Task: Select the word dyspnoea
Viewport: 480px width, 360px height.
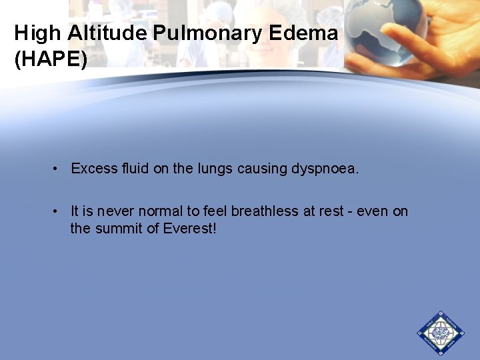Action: coord(325,169)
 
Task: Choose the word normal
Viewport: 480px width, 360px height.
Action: coord(159,211)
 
